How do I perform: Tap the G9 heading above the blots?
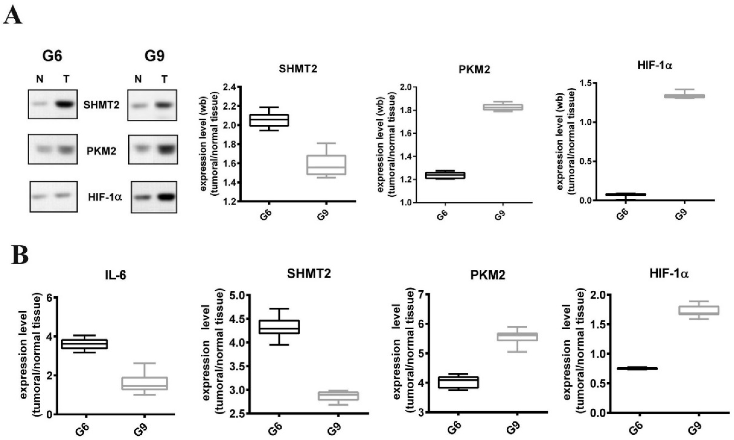coord(154,56)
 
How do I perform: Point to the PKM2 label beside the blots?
coord(101,151)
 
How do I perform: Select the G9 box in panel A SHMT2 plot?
coord(326,165)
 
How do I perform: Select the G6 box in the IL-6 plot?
coord(86,344)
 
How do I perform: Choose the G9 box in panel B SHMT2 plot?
coord(336,396)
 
